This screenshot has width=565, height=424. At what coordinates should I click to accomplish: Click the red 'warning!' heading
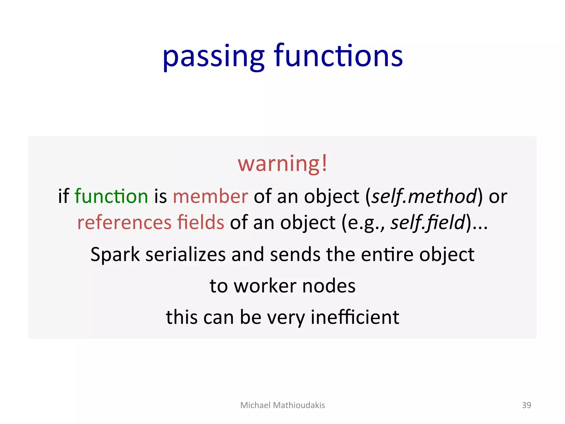click(x=282, y=163)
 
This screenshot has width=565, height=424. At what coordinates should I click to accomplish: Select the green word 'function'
click(x=111, y=196)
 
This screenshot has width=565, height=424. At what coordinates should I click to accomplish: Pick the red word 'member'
click(x=210, y=196)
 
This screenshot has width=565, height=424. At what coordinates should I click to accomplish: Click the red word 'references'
click(x=124, y=222)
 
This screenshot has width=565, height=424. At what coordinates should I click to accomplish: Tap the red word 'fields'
click(x=201, y=222)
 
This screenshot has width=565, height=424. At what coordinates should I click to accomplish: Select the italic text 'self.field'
click(x=428, y=222)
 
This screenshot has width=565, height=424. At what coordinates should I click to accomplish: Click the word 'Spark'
click(x=115, y=255)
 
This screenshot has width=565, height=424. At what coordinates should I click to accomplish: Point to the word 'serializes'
click(x=185, y=255)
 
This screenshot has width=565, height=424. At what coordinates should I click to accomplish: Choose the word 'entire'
click(x=387, y=255)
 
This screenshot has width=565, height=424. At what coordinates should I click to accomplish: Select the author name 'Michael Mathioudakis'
click(x=282, y=405)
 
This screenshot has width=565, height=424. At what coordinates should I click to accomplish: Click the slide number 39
click(x=526, y=405)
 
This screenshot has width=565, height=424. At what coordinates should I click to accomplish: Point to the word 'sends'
click(x=295, y=255)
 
